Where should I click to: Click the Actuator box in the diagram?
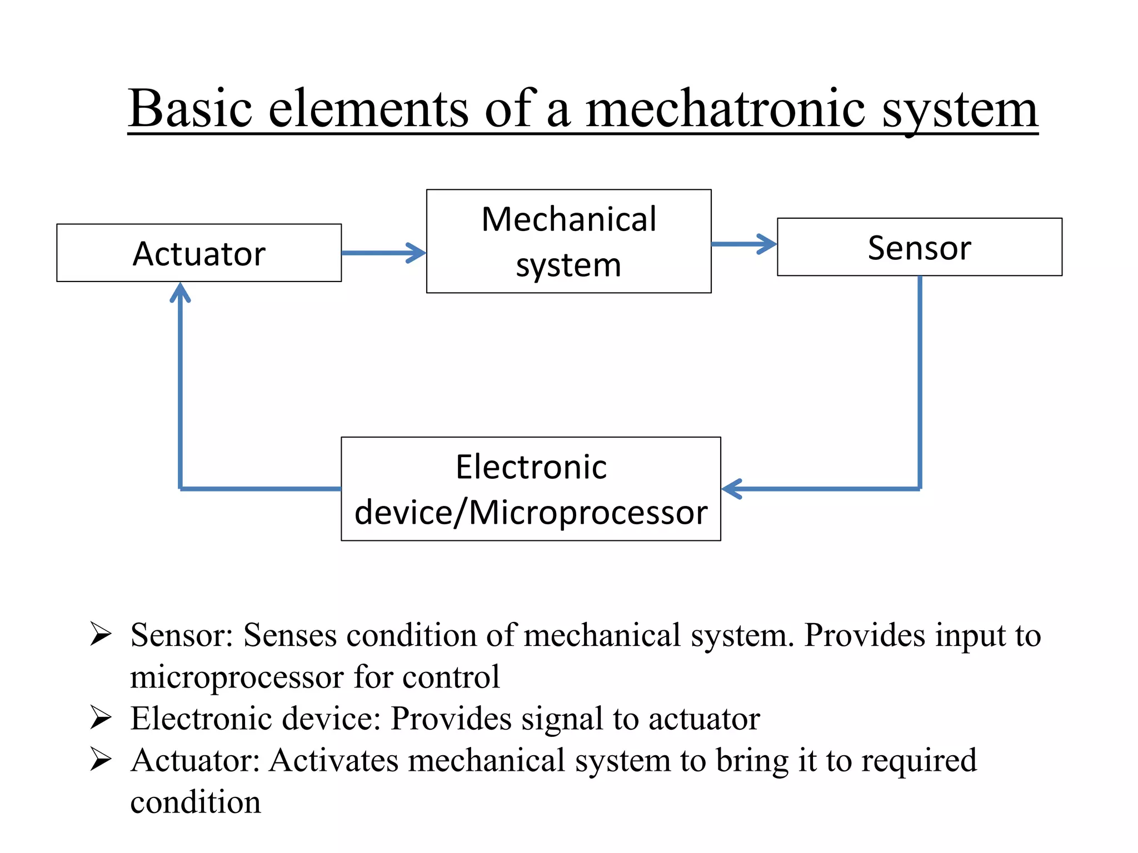[x=199, y=253]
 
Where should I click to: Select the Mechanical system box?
[x=568, y=241]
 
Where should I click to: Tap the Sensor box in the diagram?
[x=919, y=247]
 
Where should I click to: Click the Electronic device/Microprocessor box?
[x=531, y=489]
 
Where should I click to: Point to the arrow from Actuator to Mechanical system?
[x=383, y=253]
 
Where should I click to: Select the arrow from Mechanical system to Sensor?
[x=743, y=244]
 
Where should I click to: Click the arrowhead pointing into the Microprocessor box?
[x=732, y=489]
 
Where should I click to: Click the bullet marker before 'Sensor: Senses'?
[x=101, y=634]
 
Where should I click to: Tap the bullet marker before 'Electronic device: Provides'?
[x=101, y=717]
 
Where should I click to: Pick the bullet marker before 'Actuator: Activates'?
[x=101, y=759]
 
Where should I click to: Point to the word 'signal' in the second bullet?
[x=562, y=719]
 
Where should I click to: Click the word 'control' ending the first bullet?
[x=451, y=677]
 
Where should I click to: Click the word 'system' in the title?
[x=960, y=111]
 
